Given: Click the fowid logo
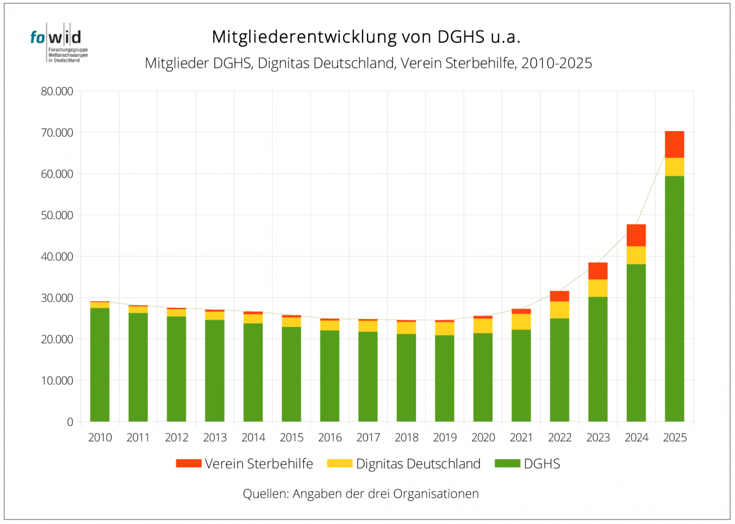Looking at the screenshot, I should [55, 45].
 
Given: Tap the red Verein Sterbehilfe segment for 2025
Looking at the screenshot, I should [674, 144].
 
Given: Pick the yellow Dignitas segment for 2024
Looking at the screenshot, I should [636, 255].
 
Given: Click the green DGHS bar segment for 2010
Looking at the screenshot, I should [100, 364].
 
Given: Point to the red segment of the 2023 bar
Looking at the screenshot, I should [598, 271].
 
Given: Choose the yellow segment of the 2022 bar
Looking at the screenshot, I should [559, 310].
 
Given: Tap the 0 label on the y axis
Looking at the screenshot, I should [69, 422].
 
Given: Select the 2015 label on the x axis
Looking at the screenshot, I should [292, 438].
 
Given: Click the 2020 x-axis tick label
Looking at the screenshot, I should [483, 438].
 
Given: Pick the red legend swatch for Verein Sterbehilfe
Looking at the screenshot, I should [188, 463].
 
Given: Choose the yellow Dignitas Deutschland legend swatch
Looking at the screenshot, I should [340, 463].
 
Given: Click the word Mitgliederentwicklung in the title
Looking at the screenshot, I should [304, 37].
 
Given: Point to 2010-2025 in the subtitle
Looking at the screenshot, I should [557, 63].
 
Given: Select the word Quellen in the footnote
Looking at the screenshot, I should [264, 493].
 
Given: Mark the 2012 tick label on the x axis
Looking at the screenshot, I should [176, 438].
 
